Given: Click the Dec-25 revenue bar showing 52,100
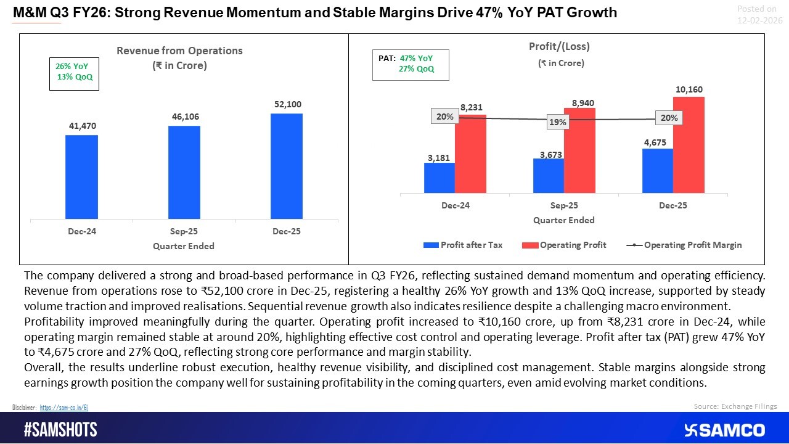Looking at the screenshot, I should point(287,166).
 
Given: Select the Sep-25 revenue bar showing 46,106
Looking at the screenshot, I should point(184,172).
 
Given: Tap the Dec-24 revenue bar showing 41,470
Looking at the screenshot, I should point(81,177).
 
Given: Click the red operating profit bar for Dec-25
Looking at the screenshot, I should point(689,144).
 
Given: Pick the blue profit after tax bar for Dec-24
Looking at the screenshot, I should point(439,178).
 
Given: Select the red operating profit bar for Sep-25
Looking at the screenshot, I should point(579,150).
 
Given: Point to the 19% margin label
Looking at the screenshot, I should point(557,123).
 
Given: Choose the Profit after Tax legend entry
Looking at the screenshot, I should point(463,245).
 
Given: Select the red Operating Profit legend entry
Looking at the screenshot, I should point(565,245).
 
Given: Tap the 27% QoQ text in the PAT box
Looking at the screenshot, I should point(417,69).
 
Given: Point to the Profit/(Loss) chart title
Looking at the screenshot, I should point(555,46).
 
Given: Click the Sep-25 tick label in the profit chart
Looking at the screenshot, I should point(563,205).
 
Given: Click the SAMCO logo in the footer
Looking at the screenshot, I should point(724,430).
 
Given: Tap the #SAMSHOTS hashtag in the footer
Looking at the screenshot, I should point(60,430).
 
